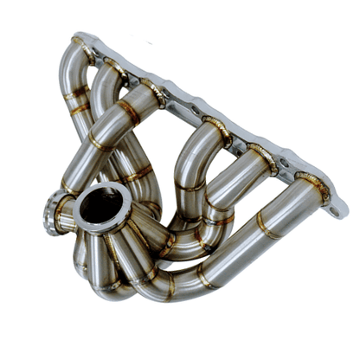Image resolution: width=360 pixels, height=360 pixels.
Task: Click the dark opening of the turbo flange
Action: [102, 208]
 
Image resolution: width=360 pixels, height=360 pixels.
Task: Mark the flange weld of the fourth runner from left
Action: [216, 130]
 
